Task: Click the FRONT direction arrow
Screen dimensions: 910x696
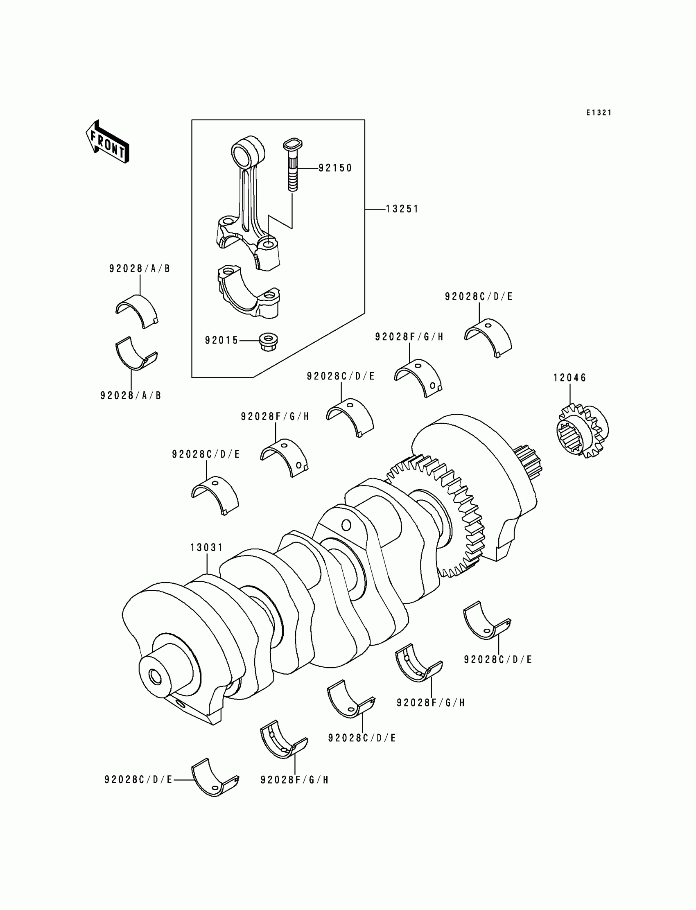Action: (107, 142)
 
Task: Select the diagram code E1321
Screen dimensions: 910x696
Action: (599, 113)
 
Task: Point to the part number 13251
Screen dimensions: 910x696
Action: (402, 210)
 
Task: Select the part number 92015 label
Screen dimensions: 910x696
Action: (221, 341)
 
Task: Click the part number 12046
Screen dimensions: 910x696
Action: (570, 378)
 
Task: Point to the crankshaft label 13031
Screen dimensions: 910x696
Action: (206, 548)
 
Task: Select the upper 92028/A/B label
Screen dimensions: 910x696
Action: (140, 269)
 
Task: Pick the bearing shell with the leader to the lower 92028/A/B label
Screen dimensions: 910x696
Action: (135, 355)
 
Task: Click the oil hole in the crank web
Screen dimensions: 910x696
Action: (346, 525)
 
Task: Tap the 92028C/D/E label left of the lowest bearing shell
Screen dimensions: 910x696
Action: (138, 780)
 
